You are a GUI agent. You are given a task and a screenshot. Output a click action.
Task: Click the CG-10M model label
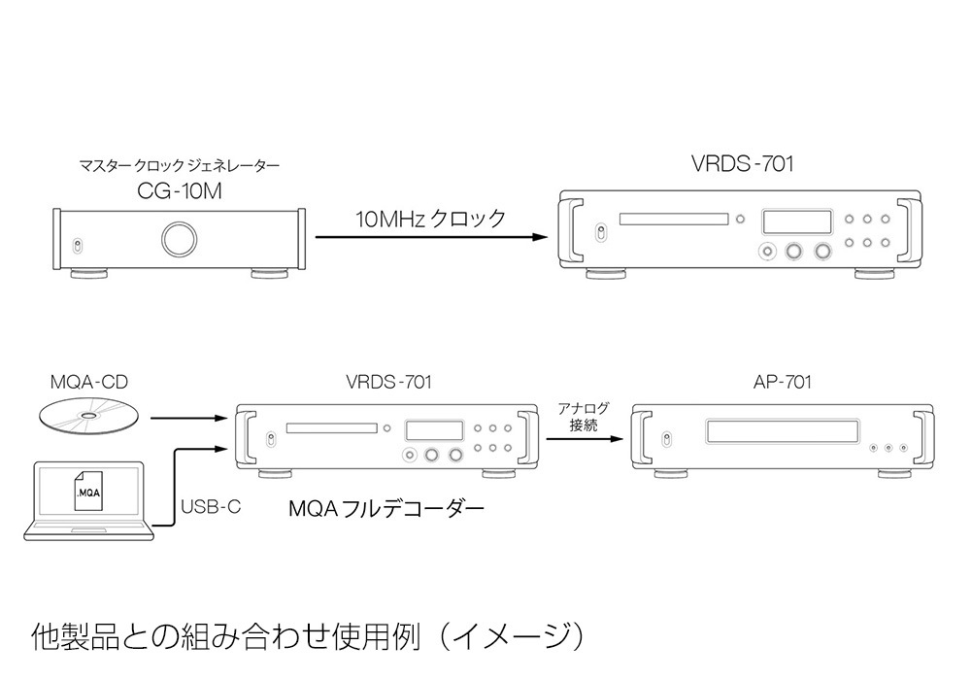click(x=180, y=191)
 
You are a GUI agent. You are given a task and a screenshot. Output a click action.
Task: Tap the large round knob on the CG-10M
click(x=179, y=239)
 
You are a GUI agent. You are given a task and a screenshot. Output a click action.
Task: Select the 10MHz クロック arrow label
click(x=431, y=219)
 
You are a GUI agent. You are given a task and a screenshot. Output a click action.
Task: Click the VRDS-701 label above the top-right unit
click(x=742, y=164)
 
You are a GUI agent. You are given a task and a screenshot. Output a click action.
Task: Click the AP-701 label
click(x=783, y=382)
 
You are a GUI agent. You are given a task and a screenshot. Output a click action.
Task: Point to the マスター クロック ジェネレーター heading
click(x=179, y=166)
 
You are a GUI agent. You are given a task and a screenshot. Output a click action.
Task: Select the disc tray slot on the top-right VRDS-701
click(x=673, y=219)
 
